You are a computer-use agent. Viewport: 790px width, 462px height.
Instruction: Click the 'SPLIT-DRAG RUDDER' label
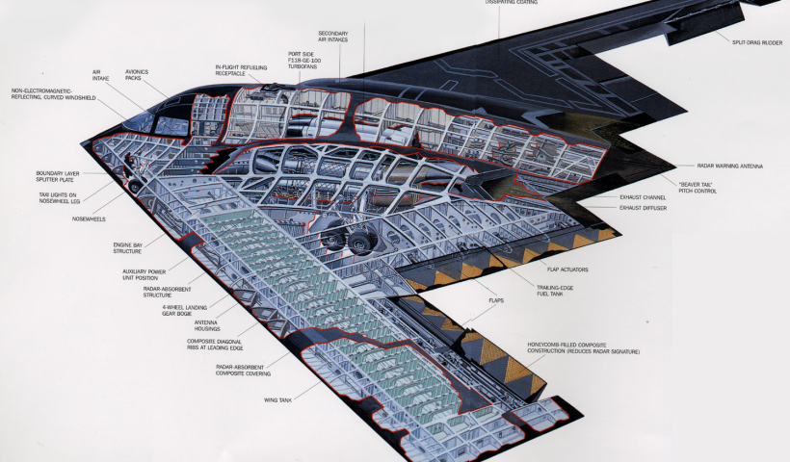(756, 40)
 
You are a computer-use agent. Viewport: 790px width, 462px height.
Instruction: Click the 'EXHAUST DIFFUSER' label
(644, 208)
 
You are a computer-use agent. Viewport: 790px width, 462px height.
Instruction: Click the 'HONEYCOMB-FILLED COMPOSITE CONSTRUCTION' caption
(583, 347)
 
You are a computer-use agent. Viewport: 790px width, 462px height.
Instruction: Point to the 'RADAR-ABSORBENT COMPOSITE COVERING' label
(243, 371)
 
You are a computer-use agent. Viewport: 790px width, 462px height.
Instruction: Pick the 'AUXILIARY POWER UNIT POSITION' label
(144, 276)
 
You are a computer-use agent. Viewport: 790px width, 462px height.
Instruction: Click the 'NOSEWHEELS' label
(88, 218)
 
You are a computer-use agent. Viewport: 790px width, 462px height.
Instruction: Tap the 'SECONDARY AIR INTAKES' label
(332, 38)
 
